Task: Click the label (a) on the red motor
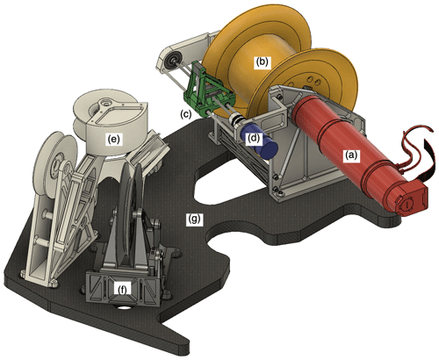(x=351, y=155)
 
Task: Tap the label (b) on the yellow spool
(x=262, y=62)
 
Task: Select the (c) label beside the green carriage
(x=186, y=114)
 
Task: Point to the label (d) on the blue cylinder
(x=254, y=138)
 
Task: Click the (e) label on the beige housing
(x=113, y=140)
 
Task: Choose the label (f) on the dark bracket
(x=123, y=290)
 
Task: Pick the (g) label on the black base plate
(x=195, y=219)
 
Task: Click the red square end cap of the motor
(x=411, y=199)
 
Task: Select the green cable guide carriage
(x=207, y=90)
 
